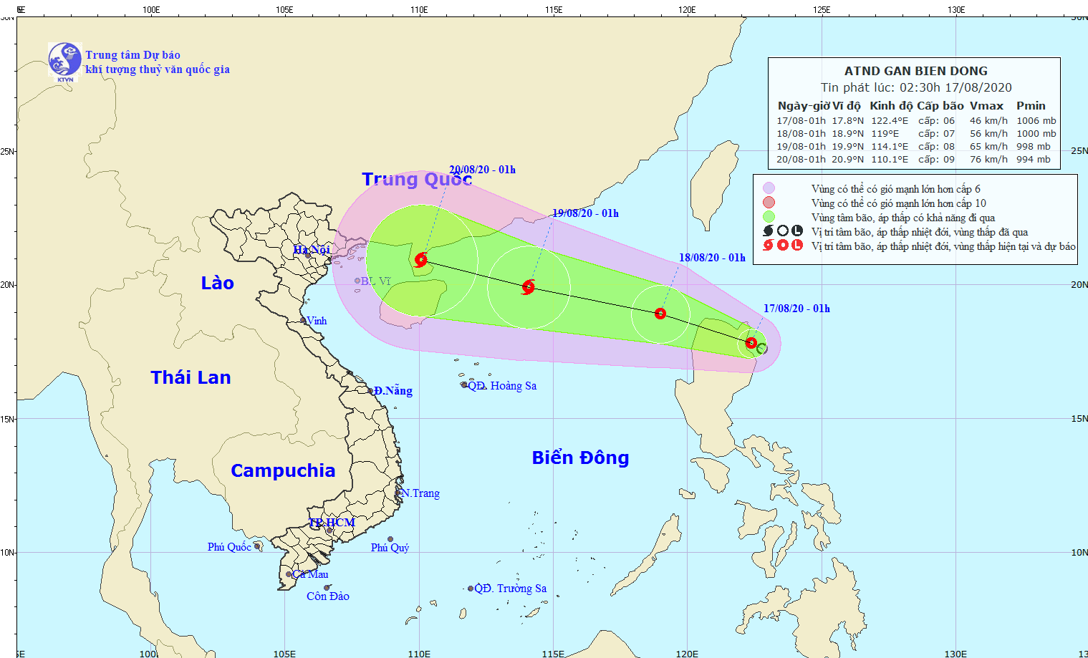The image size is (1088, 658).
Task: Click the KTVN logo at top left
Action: [64, 60]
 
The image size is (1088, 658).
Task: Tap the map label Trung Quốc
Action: [416, 179]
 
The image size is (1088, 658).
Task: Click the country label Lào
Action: [217, 283]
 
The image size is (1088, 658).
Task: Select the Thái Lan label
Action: [191, 377]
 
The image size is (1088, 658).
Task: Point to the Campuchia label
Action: [283, 470]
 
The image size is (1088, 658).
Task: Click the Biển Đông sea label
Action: [580, 458]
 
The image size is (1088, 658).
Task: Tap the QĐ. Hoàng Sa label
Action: [501, 386]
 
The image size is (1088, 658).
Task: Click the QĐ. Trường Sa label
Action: [510, 589]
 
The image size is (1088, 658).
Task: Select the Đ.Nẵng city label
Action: [393, 391]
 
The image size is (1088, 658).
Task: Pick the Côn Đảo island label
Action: [327, 596]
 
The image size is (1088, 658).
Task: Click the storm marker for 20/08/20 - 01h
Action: [420, 259]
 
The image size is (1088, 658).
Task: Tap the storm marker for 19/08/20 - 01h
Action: [529, 287]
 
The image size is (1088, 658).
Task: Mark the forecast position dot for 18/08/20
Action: [660, 314]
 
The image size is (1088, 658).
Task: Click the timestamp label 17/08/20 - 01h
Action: [796, 309]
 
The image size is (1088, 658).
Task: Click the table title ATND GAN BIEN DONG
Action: [915, 71]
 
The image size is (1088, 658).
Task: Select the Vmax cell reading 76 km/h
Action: [988, 160]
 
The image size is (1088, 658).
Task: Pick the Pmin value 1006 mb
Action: [1036, 121]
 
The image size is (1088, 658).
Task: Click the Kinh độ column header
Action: [891, 106]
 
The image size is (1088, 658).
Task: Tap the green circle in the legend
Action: [769, 217]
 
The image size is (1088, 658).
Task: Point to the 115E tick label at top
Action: [553, 10]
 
